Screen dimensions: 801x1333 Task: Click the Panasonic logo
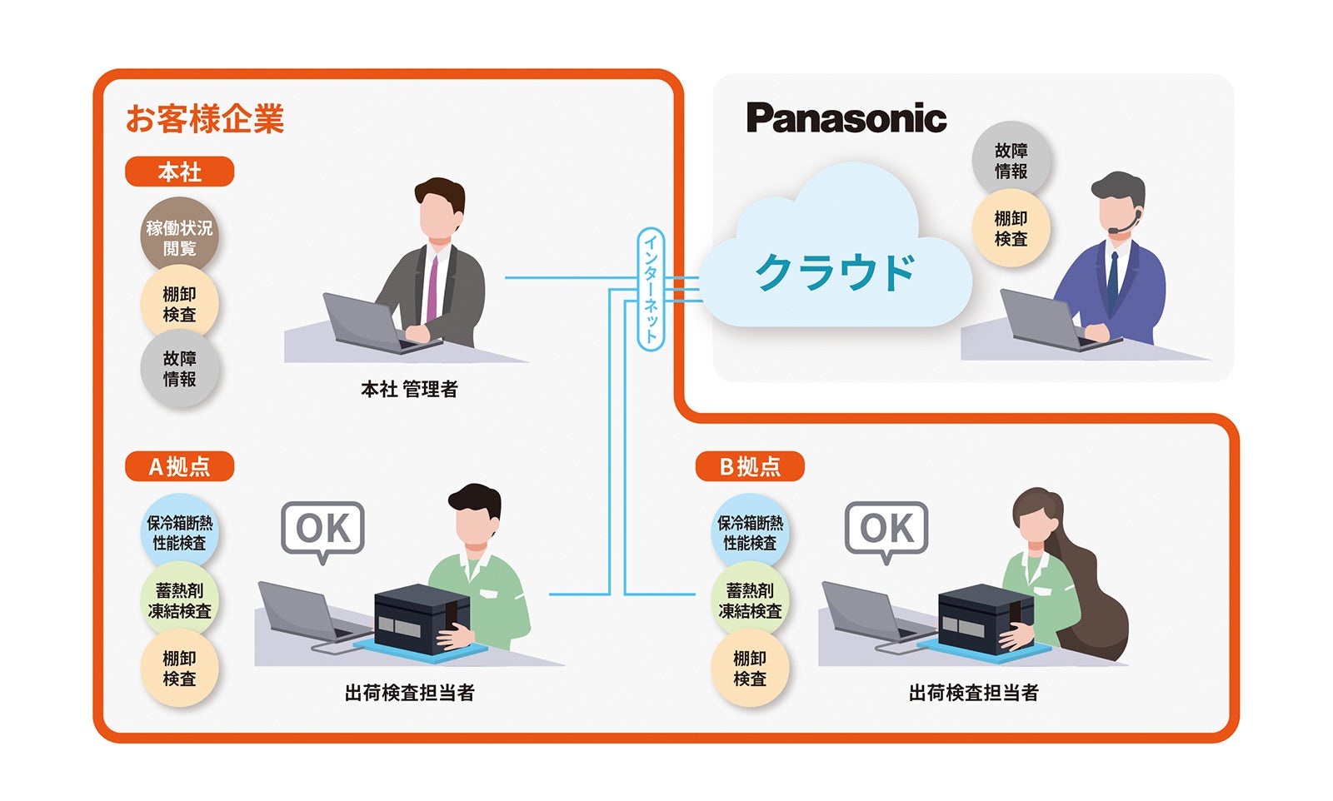click(x=846, y=119)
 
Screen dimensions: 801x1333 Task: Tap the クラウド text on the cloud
click(x=835, y=272)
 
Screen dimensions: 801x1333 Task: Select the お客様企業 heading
click(x=205, y=119)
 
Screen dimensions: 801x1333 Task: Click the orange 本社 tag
click(x=179, y=172)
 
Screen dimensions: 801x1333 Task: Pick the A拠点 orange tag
click(x=179, y=466)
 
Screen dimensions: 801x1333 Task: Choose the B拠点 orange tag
click(x=750, y=466)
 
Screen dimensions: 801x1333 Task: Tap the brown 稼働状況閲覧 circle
click(x=179, y=237)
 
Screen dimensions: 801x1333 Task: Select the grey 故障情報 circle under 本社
click(x=179, y=369)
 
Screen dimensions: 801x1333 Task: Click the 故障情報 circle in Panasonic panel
click(x=1011, y=161)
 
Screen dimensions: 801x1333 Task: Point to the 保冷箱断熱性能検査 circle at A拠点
click(x=179, y=533)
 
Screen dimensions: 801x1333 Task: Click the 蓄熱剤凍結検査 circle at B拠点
click(x=750, y=600)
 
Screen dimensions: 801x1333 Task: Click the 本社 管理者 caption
click(x=408, y=390)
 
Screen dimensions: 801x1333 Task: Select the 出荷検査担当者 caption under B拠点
click(x=973, y=693)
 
